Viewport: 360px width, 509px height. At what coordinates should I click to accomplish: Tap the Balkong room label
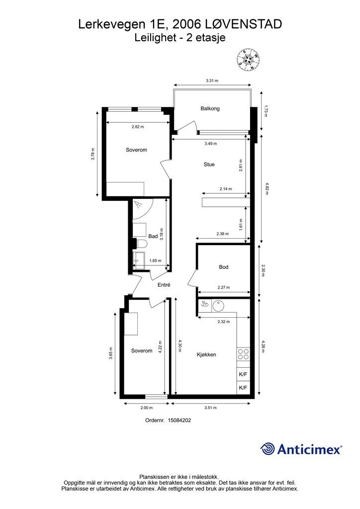210,108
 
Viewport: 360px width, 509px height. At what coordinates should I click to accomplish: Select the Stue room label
209,164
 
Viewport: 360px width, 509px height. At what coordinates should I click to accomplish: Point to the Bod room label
223,267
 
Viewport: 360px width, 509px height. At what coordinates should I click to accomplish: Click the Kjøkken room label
206,354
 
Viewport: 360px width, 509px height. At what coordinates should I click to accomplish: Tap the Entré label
164,285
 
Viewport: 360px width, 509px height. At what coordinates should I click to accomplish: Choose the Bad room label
153,236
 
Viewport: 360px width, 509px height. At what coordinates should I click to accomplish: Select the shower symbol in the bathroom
139,204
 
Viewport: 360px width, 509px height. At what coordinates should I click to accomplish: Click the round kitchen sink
218,306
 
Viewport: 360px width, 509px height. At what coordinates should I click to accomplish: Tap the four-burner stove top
243,354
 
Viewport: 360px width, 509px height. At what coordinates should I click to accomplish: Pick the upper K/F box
243,374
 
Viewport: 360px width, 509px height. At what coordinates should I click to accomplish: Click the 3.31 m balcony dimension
212,81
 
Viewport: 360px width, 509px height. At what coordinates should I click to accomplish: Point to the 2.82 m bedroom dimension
138,127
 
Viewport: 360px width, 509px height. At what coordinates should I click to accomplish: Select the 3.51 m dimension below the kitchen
210,408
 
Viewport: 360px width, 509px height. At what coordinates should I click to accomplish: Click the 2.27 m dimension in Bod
224,287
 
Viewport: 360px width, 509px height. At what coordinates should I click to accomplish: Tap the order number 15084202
179,420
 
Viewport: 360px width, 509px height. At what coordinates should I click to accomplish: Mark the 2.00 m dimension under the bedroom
146,408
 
